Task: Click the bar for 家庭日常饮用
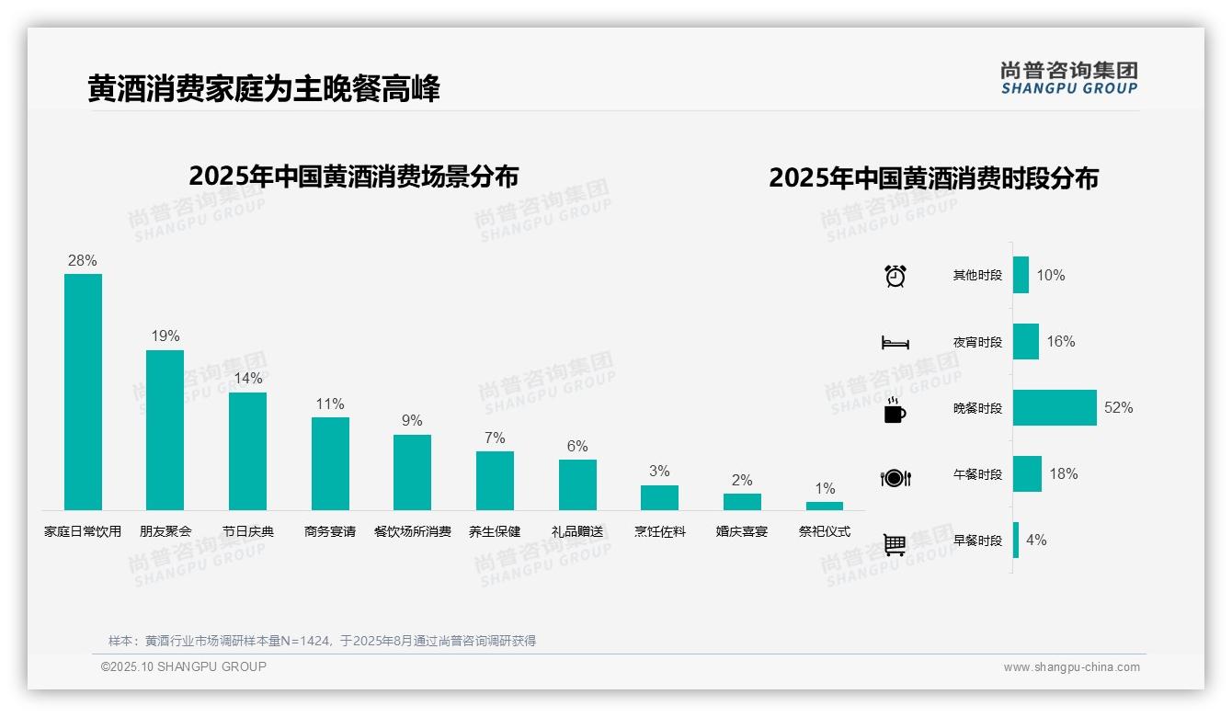83,392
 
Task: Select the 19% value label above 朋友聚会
165,336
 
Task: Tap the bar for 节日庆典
247,451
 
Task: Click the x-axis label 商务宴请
330,531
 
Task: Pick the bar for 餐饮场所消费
412,472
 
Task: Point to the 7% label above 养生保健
495,438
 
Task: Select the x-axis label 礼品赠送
577,531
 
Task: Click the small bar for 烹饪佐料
659,497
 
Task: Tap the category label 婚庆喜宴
742,531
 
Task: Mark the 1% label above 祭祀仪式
825,489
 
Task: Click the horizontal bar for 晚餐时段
1055,408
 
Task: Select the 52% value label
1118,408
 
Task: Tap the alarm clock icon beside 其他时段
895,276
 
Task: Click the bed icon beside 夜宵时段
895,343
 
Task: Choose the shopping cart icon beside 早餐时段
895,544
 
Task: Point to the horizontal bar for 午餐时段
1027,474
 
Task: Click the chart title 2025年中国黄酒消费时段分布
933,178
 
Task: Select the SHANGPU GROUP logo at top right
1069,78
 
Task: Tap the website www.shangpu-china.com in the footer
1071,667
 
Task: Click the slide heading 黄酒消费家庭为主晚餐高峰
264,89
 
